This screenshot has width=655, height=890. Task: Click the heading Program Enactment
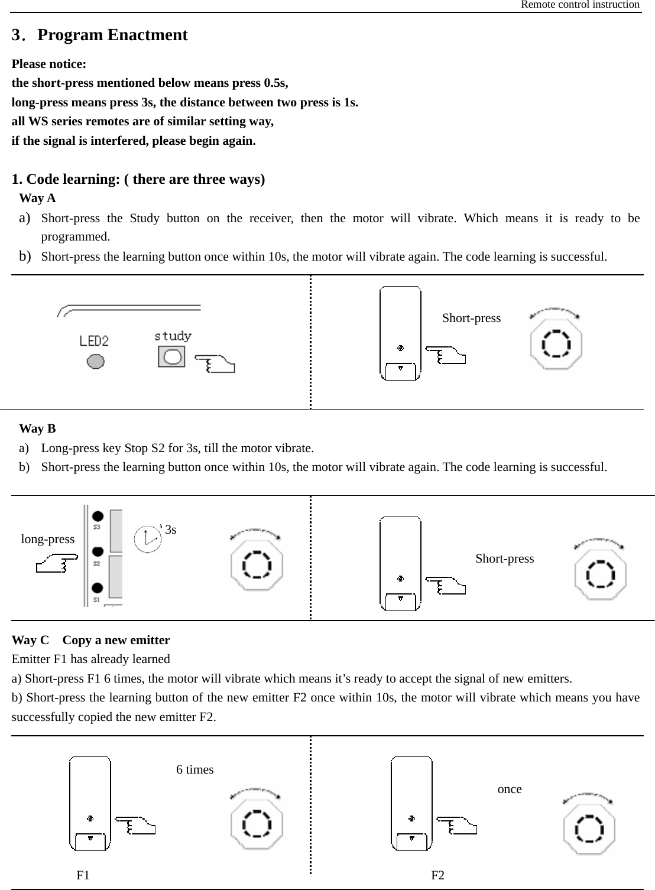click(x=112, y=35)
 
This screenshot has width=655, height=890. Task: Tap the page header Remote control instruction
click(x=579, y=5)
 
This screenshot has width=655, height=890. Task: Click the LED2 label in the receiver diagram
click(x=94, y=341)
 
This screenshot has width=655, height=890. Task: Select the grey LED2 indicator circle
click(x=95, y=360)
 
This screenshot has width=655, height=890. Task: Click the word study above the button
click(x=173, y=336)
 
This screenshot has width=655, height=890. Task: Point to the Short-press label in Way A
click(x=471, y=318)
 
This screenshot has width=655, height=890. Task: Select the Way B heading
click(x=37, y=428)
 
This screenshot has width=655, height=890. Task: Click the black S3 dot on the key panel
click(x=98, y=515)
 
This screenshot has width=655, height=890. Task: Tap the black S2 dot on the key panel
click(x=98, y=551)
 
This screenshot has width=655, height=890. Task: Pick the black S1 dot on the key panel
click(x=98, y=588)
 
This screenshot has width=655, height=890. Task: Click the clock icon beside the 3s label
click(x=147, y=539)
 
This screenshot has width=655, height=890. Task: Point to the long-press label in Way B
click(x=48, y=539)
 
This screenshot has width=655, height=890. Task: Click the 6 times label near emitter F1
click(x=195, y=769)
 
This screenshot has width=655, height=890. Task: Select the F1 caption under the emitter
click(x=83, y=875)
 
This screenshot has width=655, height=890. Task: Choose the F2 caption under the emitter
click(x=438, y=875)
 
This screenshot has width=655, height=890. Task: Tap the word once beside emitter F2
click(x=510, y=789)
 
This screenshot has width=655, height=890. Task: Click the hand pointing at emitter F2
click(x=456, y=826)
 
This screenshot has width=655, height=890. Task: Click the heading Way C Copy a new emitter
click(x=91, y=640)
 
